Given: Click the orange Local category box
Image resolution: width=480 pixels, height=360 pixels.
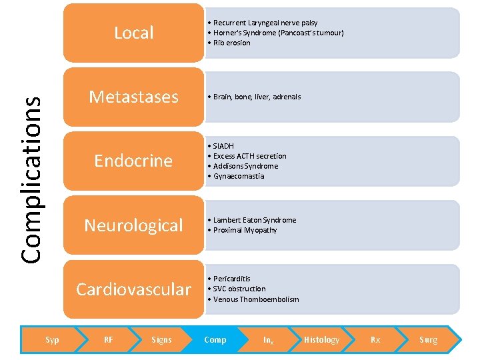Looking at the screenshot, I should click(x=133, y=33).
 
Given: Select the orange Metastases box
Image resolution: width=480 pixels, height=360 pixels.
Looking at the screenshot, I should click(x=133, y=97).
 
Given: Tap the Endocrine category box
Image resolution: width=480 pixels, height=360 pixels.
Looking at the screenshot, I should click(x=133, y=161).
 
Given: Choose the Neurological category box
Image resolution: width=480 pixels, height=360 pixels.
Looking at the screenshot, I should click(x=133, y=225).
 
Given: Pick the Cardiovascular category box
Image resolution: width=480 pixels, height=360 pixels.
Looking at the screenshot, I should click(x=133, y=289).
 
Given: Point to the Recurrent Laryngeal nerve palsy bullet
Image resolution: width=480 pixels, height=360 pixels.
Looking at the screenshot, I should click(x=265, y=23).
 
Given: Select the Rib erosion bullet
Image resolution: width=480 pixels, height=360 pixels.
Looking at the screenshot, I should click(x=231, y=43).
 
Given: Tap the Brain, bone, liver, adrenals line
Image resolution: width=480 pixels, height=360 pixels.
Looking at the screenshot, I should click(x=257, y=97).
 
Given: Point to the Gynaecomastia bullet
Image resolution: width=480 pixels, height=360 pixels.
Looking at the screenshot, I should click(x=238, y=176).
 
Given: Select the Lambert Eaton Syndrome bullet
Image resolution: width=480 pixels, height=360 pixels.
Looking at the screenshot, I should click(x=254, y=220).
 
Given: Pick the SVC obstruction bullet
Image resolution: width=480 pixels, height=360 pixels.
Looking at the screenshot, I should click(x=239, y=289).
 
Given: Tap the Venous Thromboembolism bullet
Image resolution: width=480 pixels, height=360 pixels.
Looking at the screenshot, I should click(x=255, y=299).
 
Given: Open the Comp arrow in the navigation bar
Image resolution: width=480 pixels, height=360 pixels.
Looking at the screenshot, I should click(x=215, y=340).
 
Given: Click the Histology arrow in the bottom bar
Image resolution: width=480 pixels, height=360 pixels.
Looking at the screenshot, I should click(x=321, y=340).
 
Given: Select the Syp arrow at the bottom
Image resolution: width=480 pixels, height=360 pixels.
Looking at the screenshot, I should click(x=52, y=340).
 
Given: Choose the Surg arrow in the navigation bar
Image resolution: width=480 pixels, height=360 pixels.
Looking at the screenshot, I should click(x=428, y=340).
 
